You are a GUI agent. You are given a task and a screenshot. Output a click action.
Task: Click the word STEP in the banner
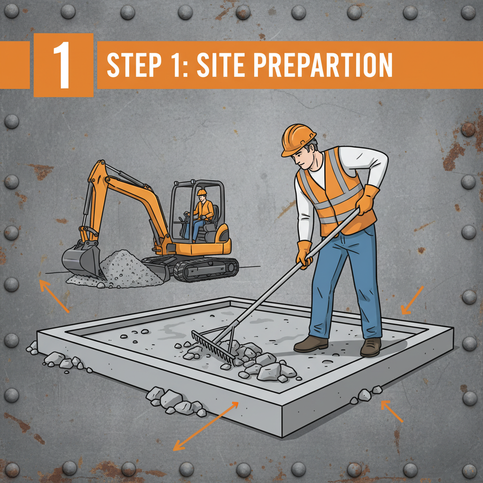[134, 65]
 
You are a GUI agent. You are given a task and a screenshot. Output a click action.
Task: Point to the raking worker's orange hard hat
[297, 139]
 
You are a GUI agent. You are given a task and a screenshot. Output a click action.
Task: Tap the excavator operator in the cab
[200, 214]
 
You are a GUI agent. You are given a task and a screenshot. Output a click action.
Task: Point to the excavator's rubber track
[206, 269]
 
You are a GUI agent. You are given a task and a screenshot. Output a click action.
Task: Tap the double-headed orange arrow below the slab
[206, 426]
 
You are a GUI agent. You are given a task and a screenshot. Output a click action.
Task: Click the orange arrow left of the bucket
[54, 296]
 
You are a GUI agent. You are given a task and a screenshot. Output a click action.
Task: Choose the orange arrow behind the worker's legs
[412, 300]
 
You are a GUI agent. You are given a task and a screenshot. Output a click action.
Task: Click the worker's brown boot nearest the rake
[310, 344]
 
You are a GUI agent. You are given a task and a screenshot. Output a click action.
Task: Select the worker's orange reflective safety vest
[336, 191]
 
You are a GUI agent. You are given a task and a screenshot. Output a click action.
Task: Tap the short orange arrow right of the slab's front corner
[392, 411]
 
